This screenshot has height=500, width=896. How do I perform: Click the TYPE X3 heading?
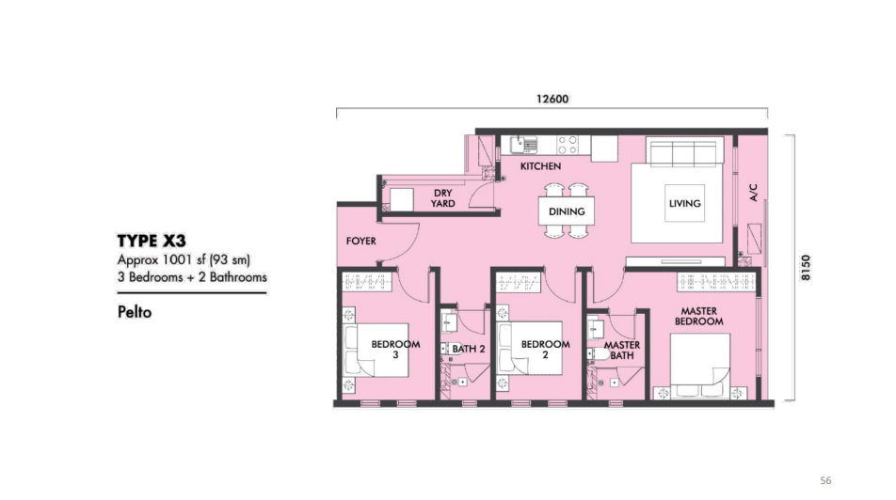click(152, 241)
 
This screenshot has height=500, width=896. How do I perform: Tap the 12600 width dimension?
click(552, 99)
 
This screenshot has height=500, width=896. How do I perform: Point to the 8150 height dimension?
click(805, 267)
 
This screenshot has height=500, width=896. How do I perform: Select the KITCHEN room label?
click(540, 166)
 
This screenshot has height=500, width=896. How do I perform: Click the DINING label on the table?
click(567, 211)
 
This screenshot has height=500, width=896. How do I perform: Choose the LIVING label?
click(684, 203)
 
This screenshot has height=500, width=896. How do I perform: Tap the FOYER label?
click(361, 241)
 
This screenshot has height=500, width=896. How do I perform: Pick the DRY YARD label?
click(443, 198)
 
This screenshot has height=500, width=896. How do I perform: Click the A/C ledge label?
click(753, 193)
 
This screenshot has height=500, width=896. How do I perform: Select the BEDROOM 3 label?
click(395, 350)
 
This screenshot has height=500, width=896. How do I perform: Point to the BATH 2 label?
click(469, 349)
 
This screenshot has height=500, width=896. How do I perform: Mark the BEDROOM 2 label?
click(545, 350)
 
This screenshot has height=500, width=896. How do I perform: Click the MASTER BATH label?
click(622, 351)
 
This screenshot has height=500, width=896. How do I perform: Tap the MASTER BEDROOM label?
click(699, 316)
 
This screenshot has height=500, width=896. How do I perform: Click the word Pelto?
click(135, 312)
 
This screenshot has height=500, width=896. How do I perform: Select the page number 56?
click(825, 480)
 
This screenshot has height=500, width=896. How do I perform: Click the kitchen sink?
click(523, 145)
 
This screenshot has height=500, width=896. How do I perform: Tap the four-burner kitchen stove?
click(568, 145)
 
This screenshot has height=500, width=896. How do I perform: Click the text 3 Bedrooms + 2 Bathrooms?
click(192, 277)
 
